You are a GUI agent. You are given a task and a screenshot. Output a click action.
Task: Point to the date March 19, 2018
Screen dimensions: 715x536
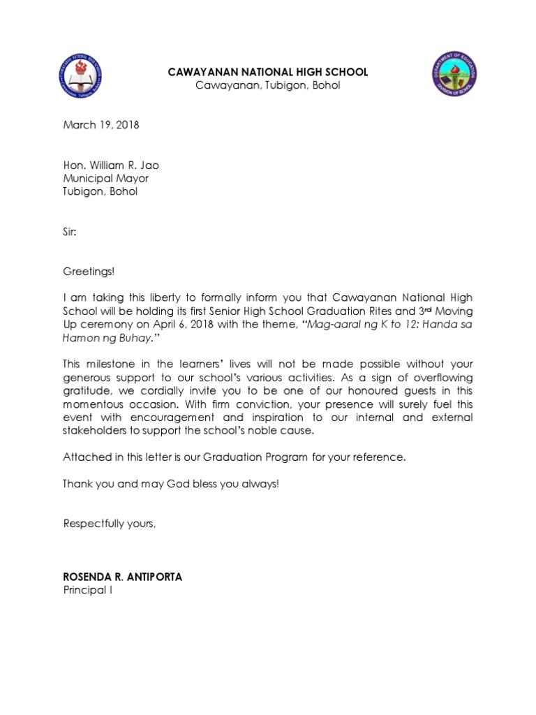click(101, 125)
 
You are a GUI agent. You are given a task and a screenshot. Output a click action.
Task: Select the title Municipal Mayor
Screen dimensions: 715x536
click(105, 178)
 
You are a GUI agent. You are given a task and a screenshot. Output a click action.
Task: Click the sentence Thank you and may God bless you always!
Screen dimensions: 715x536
click(171, 484)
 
